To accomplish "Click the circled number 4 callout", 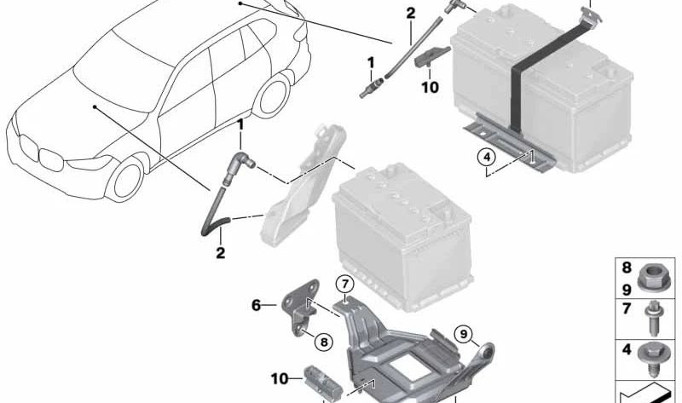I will coord(485,158).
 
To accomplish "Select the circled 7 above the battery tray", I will coord(344,284).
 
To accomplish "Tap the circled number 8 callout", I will coord(323,343).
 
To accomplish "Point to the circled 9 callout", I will coord(463,333).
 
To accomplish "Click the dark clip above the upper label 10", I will coord(434,55).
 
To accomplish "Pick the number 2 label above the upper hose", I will coord(410,13).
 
